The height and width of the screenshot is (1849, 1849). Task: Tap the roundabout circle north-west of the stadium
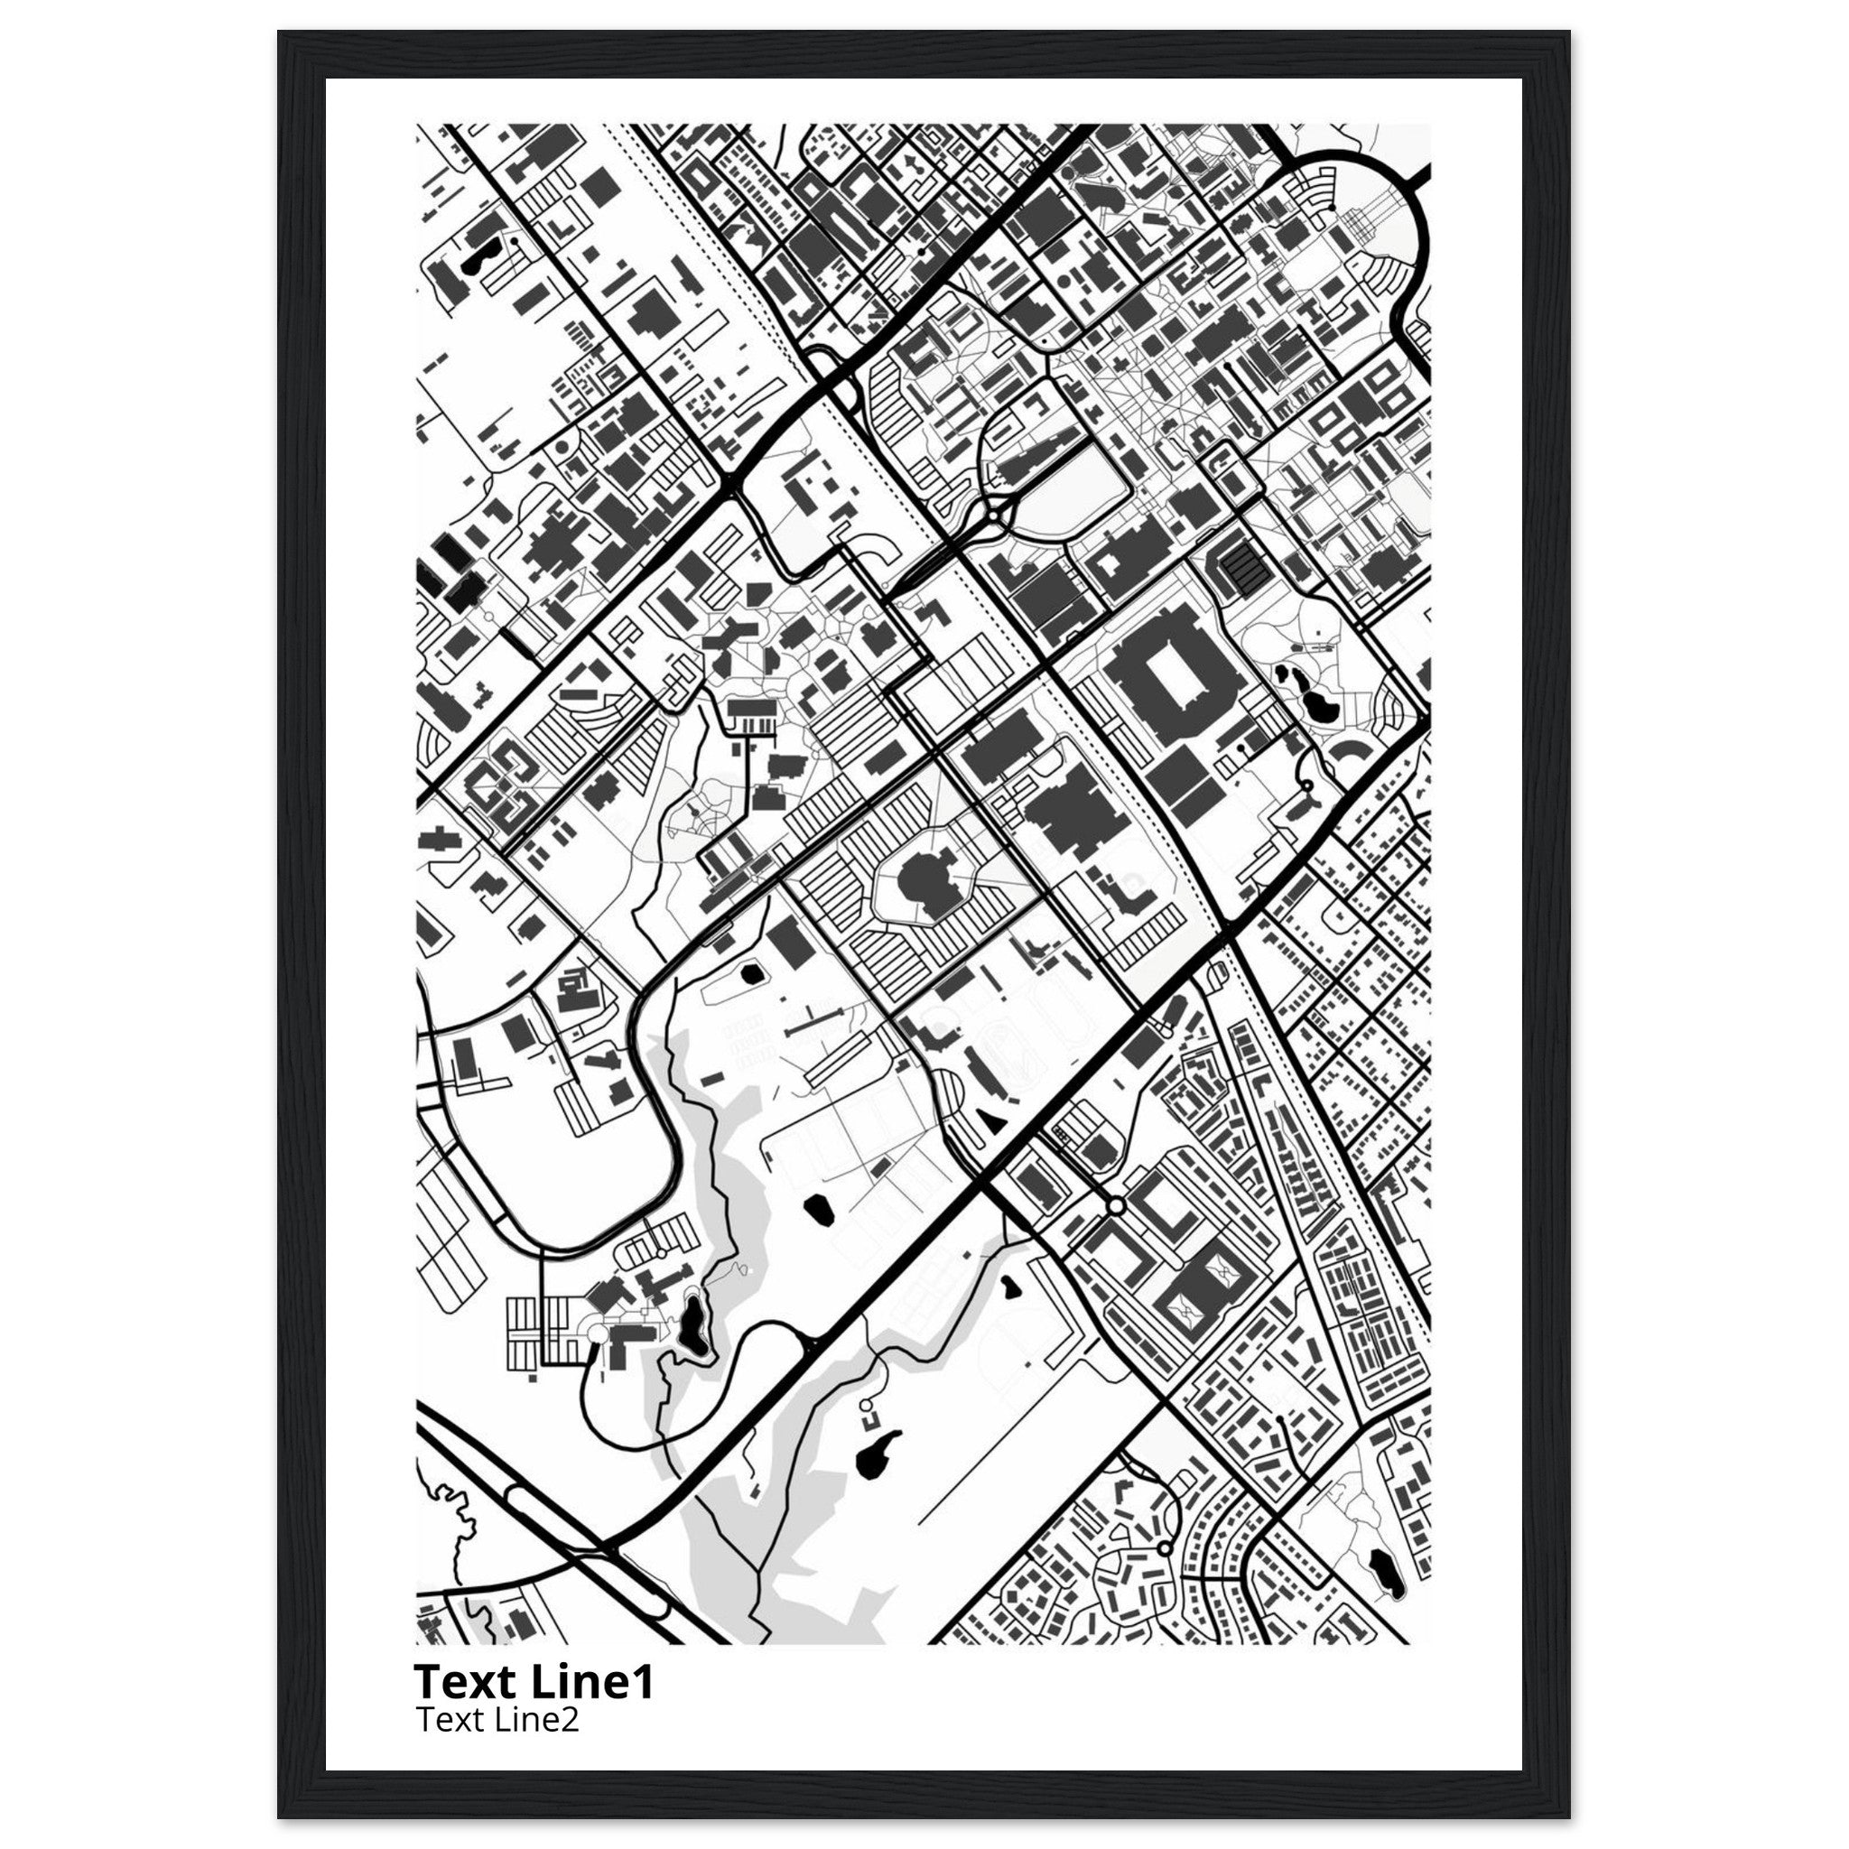point(998,517)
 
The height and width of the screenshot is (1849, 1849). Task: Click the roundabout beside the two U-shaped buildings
point(1116,1206)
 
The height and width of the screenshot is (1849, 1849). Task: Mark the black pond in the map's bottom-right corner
point(1383,1568)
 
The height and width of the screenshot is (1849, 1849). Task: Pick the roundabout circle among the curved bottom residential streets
point(1164,1547)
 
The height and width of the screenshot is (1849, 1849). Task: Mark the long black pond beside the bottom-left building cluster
point(691,1322)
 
